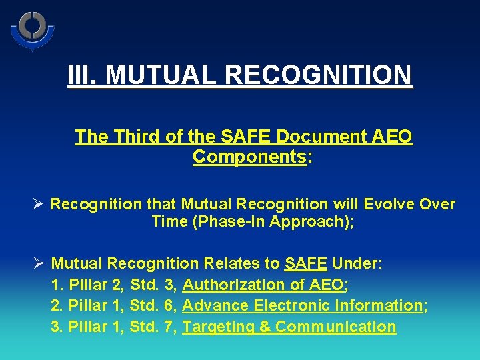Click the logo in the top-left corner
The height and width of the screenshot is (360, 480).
point(32,30)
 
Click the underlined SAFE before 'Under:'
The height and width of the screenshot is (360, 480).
point(305,263)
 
